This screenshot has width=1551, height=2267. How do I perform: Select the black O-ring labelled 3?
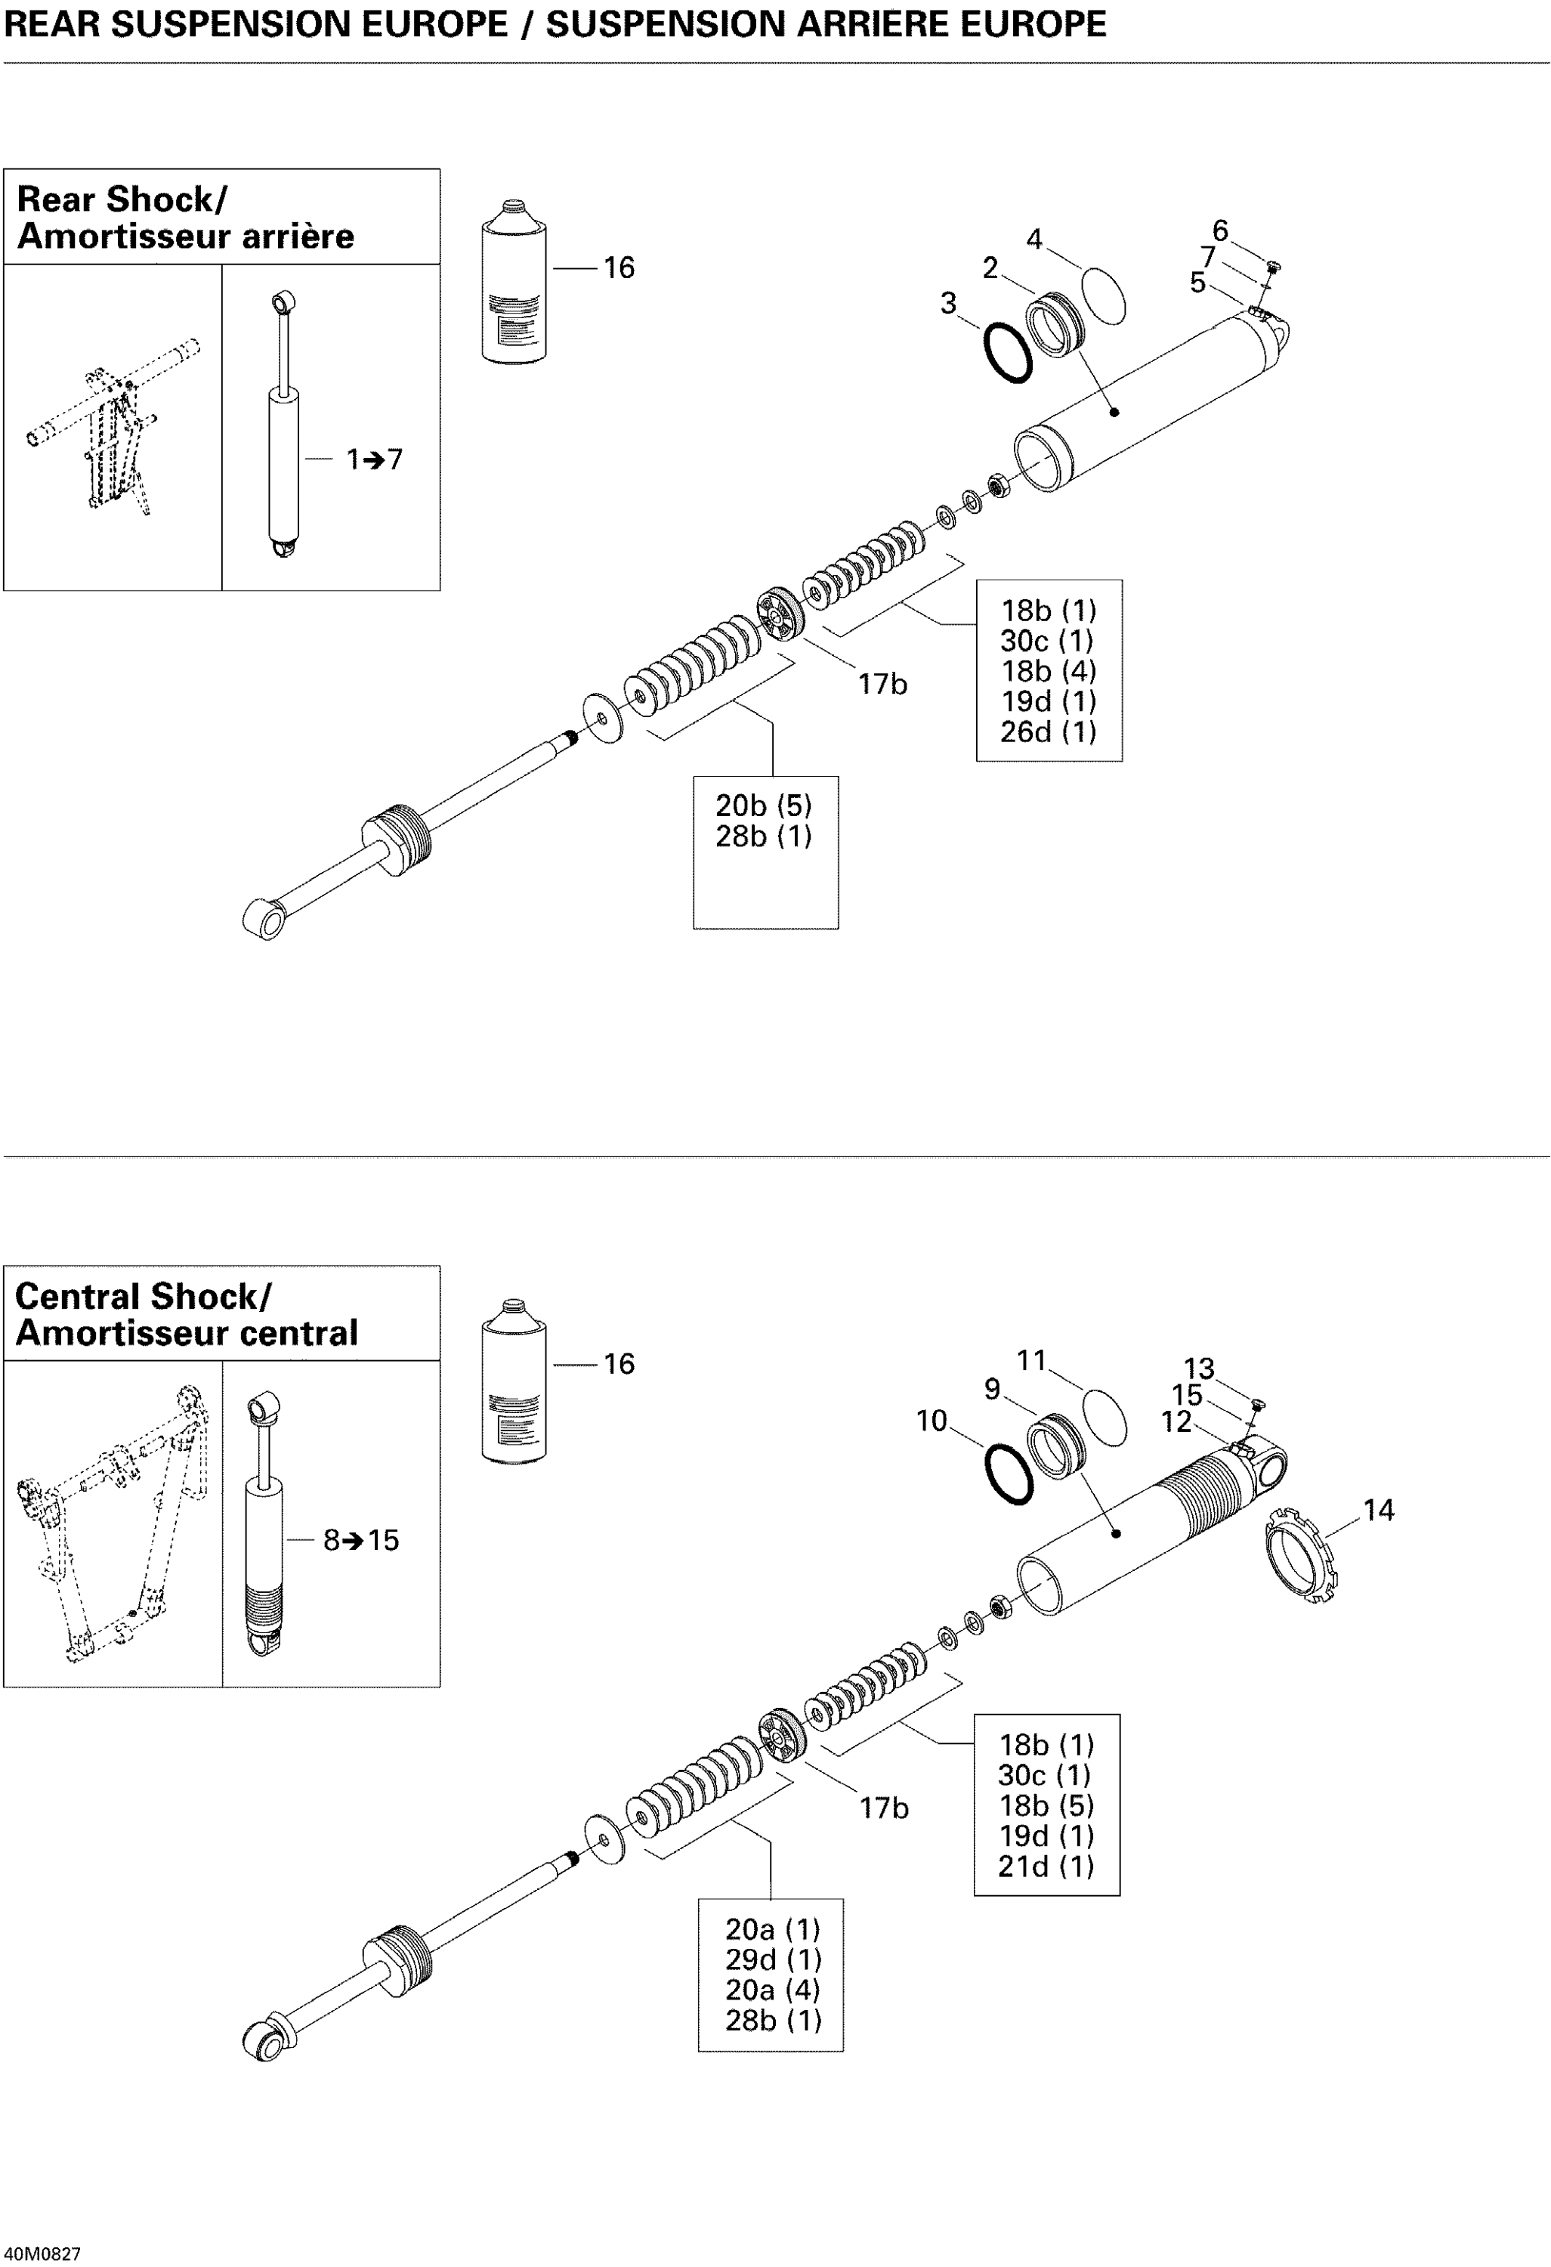pyautogui.click(x=1007, y=353)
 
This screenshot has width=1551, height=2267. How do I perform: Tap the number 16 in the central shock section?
pyautogui.click(x=619, y=1364)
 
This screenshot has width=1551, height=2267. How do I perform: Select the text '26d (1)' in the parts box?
pyautogui.click(x=1048, y=731)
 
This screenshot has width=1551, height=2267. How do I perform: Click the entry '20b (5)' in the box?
pyautogui.click(x=764, y=806)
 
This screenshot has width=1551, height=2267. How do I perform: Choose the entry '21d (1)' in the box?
pyautogui.click(x=1046, y=1866)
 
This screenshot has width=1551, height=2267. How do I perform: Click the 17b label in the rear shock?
pyautogui.click(x=882, y=685)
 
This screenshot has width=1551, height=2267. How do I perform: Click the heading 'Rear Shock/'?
pyautogui.click(x=122, y=199)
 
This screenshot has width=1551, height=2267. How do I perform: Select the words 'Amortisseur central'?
pyautogui.click(x=187, y=1332)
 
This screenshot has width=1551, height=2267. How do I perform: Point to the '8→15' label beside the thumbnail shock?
pyautogui.click(x=361, y=1540)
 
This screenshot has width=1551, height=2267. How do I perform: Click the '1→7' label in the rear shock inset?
pyautogui.click(x=375, y=459)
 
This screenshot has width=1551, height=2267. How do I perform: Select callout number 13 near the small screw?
pyautogui.click(x=1199, y=1369)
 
